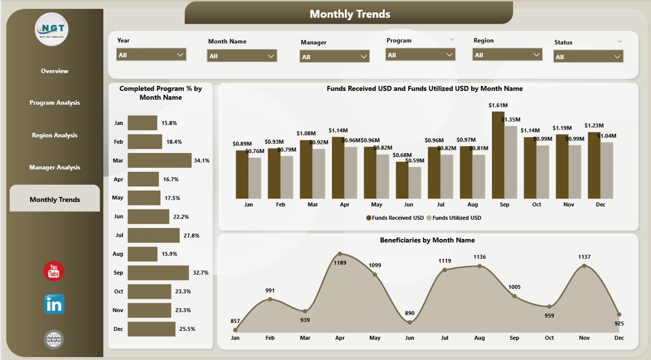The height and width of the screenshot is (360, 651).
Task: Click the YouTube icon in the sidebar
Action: point(54,271)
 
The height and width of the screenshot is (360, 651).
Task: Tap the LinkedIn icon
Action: point(54,304)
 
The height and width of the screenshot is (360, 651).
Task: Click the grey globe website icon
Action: point(54,340)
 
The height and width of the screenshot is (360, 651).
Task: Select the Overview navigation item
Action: point(54,71)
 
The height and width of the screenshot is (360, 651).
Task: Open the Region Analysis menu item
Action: point(54,135)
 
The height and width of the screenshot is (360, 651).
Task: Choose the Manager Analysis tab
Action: point(54,167)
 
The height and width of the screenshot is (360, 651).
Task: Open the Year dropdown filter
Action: point(151,54)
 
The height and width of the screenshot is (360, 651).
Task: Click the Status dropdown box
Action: point(588,56)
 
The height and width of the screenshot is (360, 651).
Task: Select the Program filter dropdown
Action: point(420,54)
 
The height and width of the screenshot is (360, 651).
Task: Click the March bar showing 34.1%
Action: point(159,160)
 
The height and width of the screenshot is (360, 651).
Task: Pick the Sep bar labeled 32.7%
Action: point(158,273)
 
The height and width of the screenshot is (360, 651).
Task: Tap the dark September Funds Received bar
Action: point(498,155)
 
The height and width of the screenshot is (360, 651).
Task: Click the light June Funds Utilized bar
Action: point(415,183)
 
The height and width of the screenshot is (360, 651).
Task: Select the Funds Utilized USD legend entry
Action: point(454,218)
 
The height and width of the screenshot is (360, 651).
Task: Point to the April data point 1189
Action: point(340,254)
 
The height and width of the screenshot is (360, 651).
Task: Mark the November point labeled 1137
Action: point(584,265)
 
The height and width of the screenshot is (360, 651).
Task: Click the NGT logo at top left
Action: point(51,29)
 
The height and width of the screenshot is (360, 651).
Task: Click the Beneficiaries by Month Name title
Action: point(427,240)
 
